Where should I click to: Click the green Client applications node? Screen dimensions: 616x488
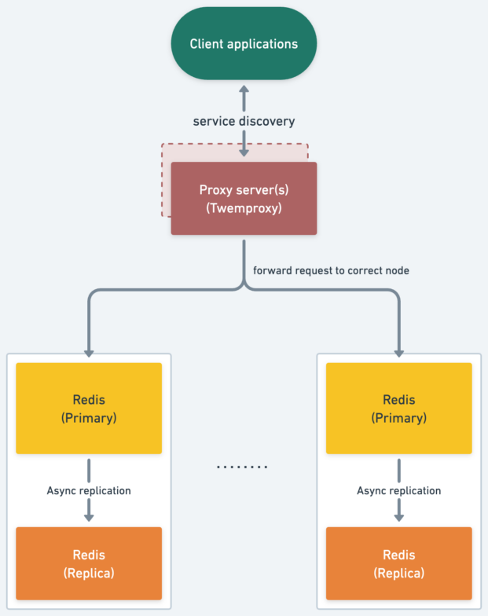point(244,44)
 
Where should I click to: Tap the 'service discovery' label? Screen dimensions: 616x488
point(244,121)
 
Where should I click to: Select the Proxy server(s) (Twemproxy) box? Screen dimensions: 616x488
point(244,199)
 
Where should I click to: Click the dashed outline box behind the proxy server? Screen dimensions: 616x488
point(166,181)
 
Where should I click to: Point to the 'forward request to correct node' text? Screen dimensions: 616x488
point(331,270)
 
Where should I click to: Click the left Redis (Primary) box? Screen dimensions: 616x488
point(89,409)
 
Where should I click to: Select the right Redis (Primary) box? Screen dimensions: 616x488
point(399,409)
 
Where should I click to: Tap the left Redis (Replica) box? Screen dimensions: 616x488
point(89,564)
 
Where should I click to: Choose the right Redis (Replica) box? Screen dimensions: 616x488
point(399,564)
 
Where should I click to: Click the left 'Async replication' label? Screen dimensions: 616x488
point(89,490)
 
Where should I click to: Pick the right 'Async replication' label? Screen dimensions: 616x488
point(399,490)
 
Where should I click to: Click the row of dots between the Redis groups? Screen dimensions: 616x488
point(243,467)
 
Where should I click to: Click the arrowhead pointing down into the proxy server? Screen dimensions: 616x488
point(244,152)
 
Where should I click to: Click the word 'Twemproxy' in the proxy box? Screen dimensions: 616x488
point(244,208)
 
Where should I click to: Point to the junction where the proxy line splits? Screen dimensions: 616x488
point(244,288)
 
